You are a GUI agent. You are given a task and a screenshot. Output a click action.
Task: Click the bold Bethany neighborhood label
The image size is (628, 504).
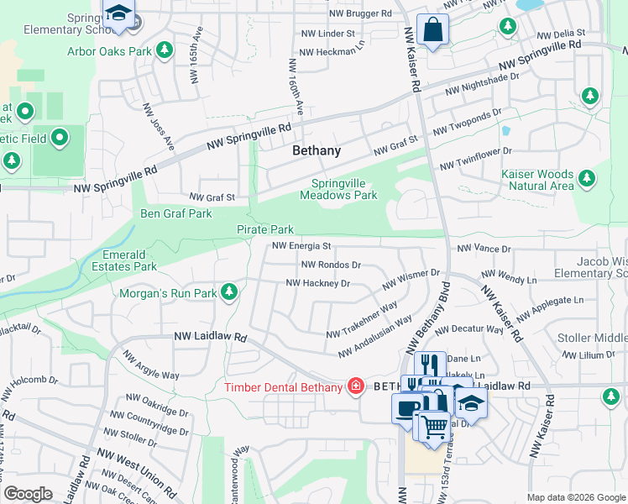click(317, 151)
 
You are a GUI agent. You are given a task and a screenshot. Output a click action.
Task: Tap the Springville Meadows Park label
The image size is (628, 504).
click(344, 189)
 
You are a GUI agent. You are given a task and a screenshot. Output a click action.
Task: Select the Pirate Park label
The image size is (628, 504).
click(264, 229)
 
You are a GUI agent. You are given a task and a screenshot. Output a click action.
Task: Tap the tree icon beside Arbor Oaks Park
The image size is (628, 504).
click(165, 50)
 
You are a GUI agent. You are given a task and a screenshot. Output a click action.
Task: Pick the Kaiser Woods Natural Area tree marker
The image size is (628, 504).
click(587, 178)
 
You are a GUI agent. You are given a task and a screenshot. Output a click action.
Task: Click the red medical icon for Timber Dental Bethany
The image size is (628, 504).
click(356, 386)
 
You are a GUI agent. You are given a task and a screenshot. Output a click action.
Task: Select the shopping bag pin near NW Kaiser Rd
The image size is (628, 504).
click(432, 31)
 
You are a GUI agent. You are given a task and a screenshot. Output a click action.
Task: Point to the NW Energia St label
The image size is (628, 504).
click(302, 246)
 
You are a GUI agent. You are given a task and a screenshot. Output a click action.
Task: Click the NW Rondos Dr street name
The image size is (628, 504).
click(331, 265)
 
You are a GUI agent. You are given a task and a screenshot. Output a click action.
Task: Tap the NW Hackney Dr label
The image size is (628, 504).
click(317, 283)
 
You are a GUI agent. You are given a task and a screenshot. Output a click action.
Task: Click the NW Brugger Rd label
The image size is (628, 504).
click(360, 14)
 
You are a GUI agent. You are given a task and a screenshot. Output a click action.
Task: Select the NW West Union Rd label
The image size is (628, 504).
click(135, 470)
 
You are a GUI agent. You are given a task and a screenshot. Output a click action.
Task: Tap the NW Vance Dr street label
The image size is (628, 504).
click(484, 249)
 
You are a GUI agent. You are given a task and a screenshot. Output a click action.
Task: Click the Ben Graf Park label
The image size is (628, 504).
click(175, 214)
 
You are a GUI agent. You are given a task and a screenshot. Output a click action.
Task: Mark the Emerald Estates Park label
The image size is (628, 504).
click(130, 260)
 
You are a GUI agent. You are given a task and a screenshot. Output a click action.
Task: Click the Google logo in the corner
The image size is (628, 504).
click(28, 494)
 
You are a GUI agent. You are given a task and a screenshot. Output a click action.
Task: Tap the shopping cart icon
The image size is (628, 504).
click(433, 426)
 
